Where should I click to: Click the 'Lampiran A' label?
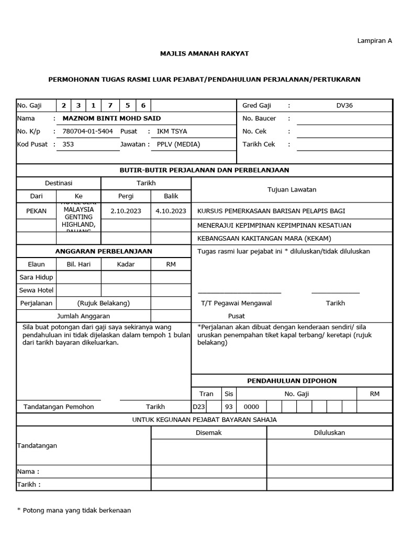tap(374, 40)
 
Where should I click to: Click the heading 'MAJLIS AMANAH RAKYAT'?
tap(204, 53)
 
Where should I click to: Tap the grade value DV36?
tap(344, 105)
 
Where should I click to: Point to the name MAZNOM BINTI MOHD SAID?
tap(111, 118)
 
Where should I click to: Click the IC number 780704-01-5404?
tap(87, 131)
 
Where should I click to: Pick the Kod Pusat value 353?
tap(68, 144)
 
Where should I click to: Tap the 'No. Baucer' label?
tap(259, 118)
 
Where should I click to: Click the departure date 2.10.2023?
tap(126, 211)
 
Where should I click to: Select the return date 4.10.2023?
tap(171, 211)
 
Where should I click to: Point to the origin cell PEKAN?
tap(36, 211)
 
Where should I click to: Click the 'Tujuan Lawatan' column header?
tap(292, 189)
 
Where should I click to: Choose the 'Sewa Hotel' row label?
tap(36, 290)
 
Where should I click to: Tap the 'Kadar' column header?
tap(126, 264)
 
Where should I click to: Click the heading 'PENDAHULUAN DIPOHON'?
tap(292, 381)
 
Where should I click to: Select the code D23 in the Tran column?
tap(199, 407)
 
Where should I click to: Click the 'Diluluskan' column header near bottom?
tap(329, 432)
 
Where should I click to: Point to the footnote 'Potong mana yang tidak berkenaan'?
tap(77, 510)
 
